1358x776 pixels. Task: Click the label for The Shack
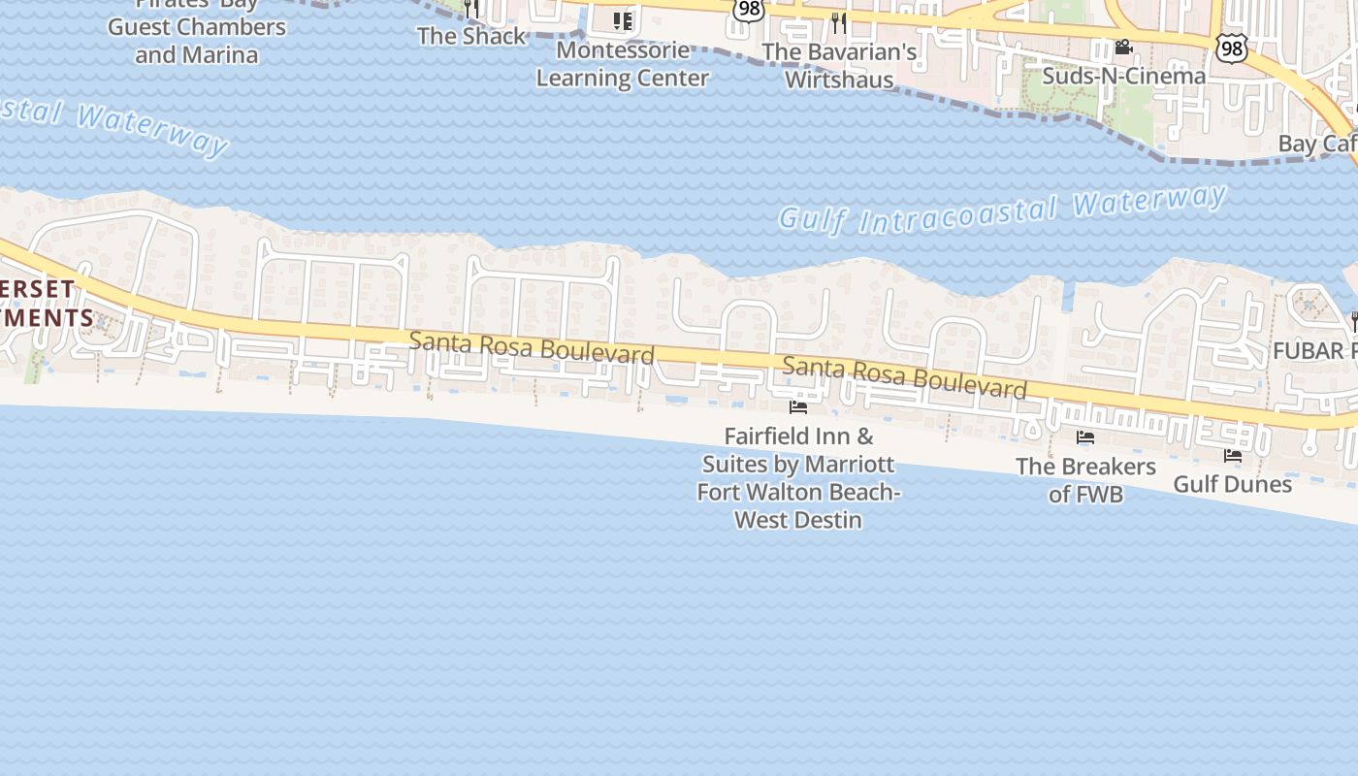pos(470,36)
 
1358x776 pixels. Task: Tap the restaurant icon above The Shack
pos(470,9)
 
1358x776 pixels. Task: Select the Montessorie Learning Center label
pos(622,64)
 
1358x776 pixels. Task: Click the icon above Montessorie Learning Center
pos(622,20)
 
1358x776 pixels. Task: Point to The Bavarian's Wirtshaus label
pos(839,65)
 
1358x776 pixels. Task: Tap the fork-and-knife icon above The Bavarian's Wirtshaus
pos(839,22)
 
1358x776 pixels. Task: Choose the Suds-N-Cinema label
pos(1123,76)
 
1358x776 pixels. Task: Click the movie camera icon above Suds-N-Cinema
pos(1123,48)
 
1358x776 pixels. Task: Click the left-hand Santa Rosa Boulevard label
pos(532,348)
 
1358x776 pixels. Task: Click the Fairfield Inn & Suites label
pos(798,478)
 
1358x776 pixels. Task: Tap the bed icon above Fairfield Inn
pos(798,407)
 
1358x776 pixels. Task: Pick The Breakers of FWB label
pos(1085,480)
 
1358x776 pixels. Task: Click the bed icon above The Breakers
pos(1085,438)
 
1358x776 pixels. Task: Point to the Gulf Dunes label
pos(1232,483)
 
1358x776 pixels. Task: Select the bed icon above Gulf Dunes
pos(1233,455)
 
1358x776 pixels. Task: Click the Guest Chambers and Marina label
pos(197,40)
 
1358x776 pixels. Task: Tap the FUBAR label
pos(1314,350)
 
